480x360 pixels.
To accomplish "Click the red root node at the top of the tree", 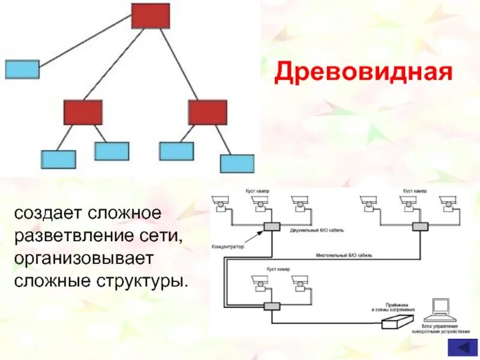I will point(151,16).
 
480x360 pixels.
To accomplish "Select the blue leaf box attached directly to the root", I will point(22,69).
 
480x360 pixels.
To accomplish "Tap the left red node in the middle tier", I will point(83,112).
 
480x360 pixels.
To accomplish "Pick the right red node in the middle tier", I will point(208,112).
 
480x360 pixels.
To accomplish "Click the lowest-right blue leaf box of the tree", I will point(237,163).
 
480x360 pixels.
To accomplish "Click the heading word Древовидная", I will point(363,74).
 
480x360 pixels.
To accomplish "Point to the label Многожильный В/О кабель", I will point(344,255).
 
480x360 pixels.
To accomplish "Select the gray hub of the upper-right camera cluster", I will point(420,226).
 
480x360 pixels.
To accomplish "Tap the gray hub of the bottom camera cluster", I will point(272,305).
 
